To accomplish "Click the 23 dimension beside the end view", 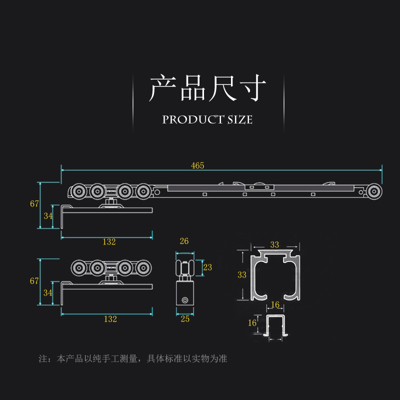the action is click(207, 267).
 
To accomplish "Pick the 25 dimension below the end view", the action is click(184, 319).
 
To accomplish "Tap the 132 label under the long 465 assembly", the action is click(109, 242).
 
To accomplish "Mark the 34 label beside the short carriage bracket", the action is click(48, 292).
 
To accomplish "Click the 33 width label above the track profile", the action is click(274, 245).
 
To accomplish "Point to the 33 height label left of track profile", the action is click(242, 274).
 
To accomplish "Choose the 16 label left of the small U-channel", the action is click(252, 322).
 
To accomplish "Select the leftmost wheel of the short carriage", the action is click(78, 267).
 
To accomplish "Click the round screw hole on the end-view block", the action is click(185, 300).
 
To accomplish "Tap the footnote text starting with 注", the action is click(133, 359).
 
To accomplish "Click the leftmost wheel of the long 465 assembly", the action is click(78, 191).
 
